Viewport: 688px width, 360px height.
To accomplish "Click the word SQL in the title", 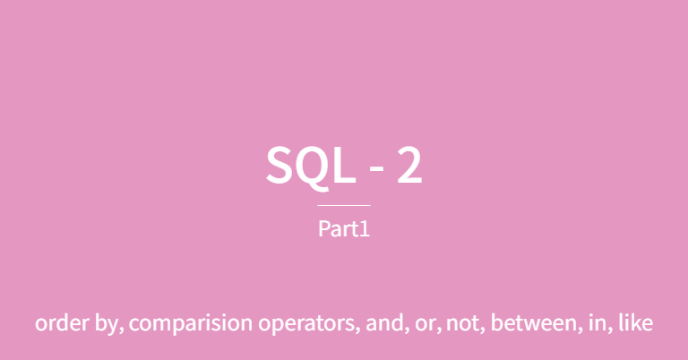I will coord(309,167).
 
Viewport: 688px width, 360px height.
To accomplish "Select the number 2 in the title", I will coord(408,167).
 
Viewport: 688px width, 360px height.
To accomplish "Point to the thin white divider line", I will coord(344,205).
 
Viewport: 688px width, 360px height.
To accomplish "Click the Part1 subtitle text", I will coord(344,228).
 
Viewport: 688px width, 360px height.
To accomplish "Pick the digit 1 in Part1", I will coord(365,228).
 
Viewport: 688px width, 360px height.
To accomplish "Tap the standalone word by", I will coord(104,324).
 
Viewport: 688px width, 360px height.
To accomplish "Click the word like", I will coord(633,323).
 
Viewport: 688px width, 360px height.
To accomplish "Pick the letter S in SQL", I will coord(280,167).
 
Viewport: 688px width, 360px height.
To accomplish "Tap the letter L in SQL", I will coord(342,167).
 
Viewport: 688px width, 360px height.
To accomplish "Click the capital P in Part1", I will coord(324,228).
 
